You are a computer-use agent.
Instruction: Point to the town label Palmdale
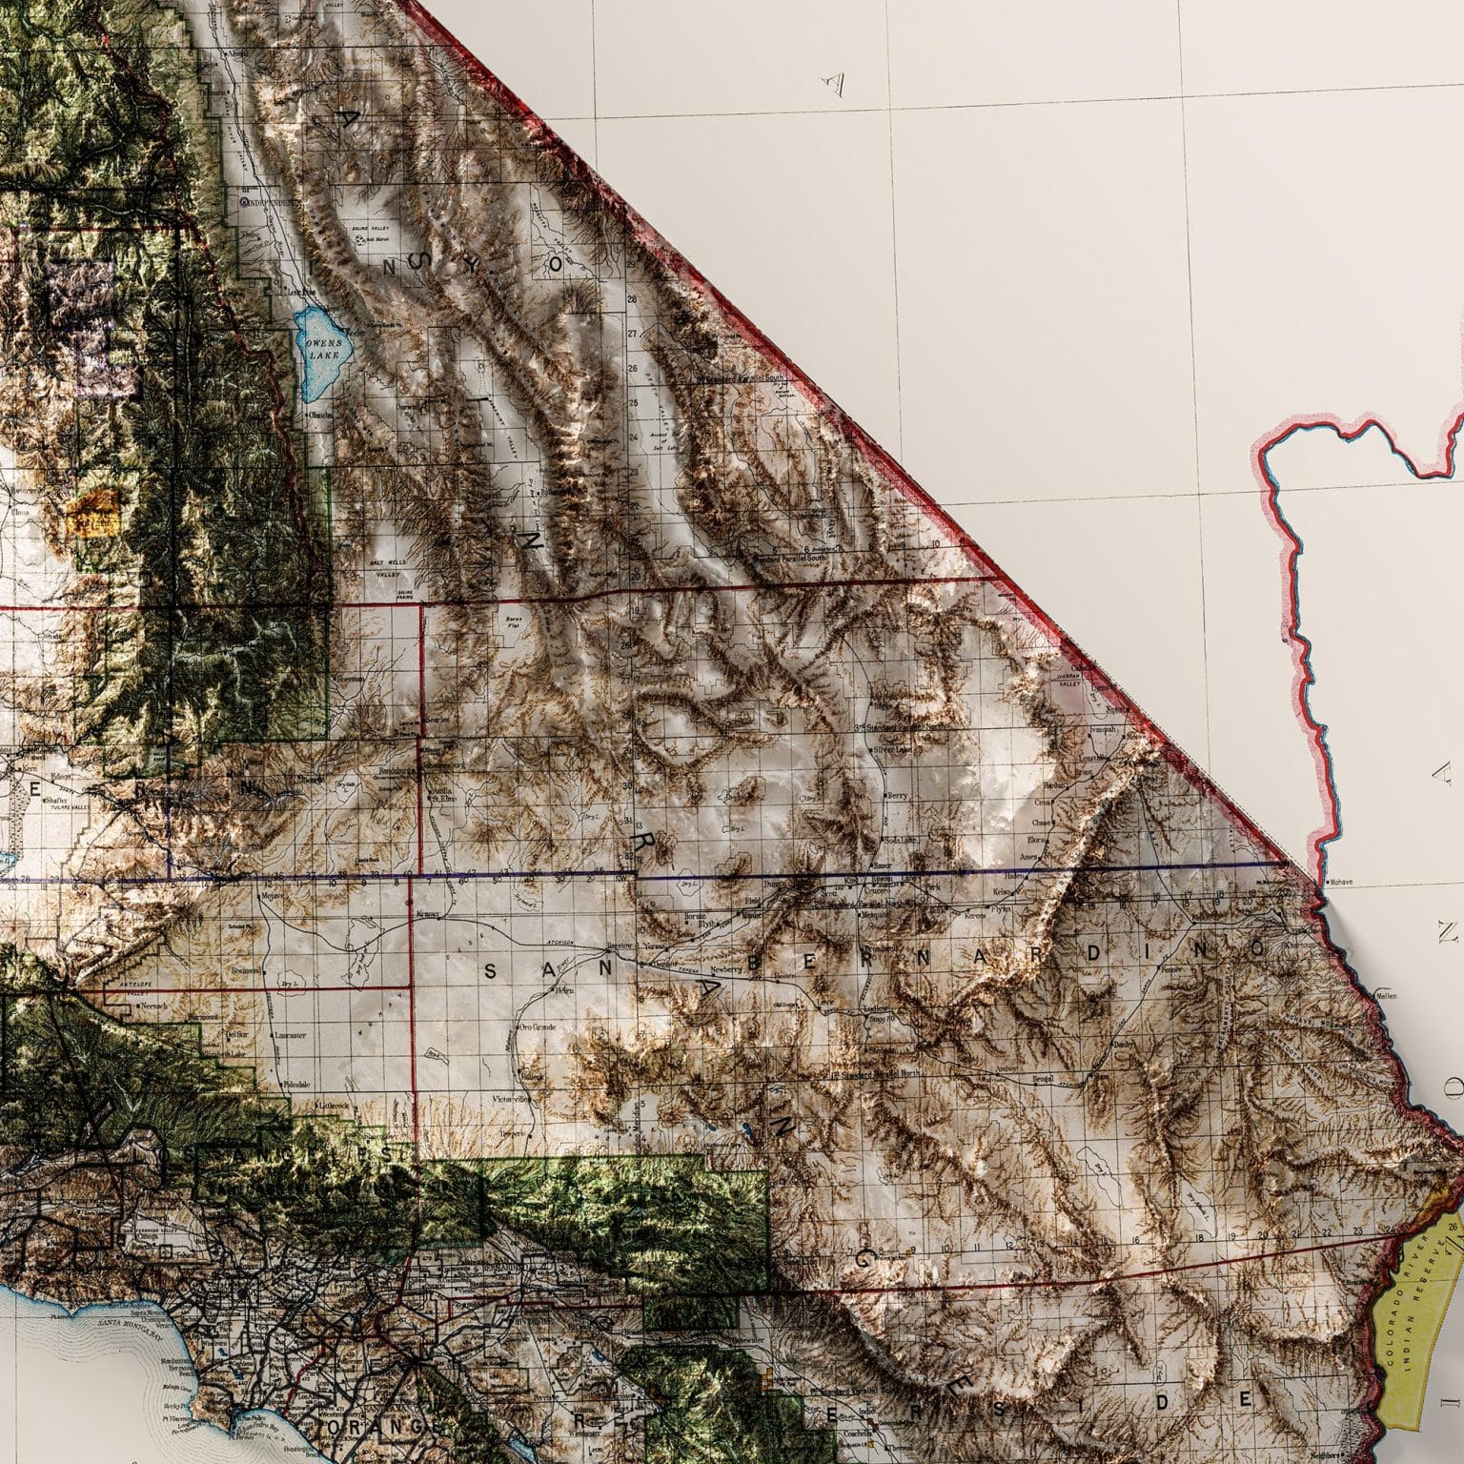pos(295,1086)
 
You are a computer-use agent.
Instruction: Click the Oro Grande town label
pos(536,1027)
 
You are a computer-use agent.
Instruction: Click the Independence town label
pos(272,202)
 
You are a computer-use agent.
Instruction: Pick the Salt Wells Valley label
pos(386,568)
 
